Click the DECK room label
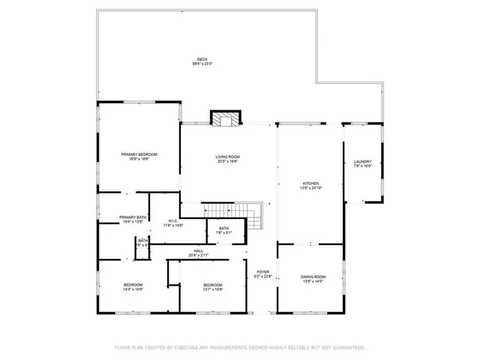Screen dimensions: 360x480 tap(202, 59)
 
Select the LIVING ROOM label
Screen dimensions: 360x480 tap(227, 157)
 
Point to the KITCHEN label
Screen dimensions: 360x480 tap(311, 183)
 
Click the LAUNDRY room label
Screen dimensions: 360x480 tap(362, 161)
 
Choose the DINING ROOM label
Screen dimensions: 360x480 tap(313, 277)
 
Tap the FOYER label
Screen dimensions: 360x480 tap(262, 271)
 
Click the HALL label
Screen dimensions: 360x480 tap(199, 250)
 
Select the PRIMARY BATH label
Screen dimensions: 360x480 tap(132, 217)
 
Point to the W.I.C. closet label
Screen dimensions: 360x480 tap(172, 220)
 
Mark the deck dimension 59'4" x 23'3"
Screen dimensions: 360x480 tap(202, 64)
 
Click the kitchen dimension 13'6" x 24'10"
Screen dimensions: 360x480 tap(311, 187)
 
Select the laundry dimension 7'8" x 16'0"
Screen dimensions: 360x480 tap(362, 166)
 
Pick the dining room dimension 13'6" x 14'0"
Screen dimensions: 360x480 tap(313, 281)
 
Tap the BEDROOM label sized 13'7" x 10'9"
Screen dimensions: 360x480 tap(213, 284)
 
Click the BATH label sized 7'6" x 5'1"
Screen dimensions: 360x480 tap(223, 228)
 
